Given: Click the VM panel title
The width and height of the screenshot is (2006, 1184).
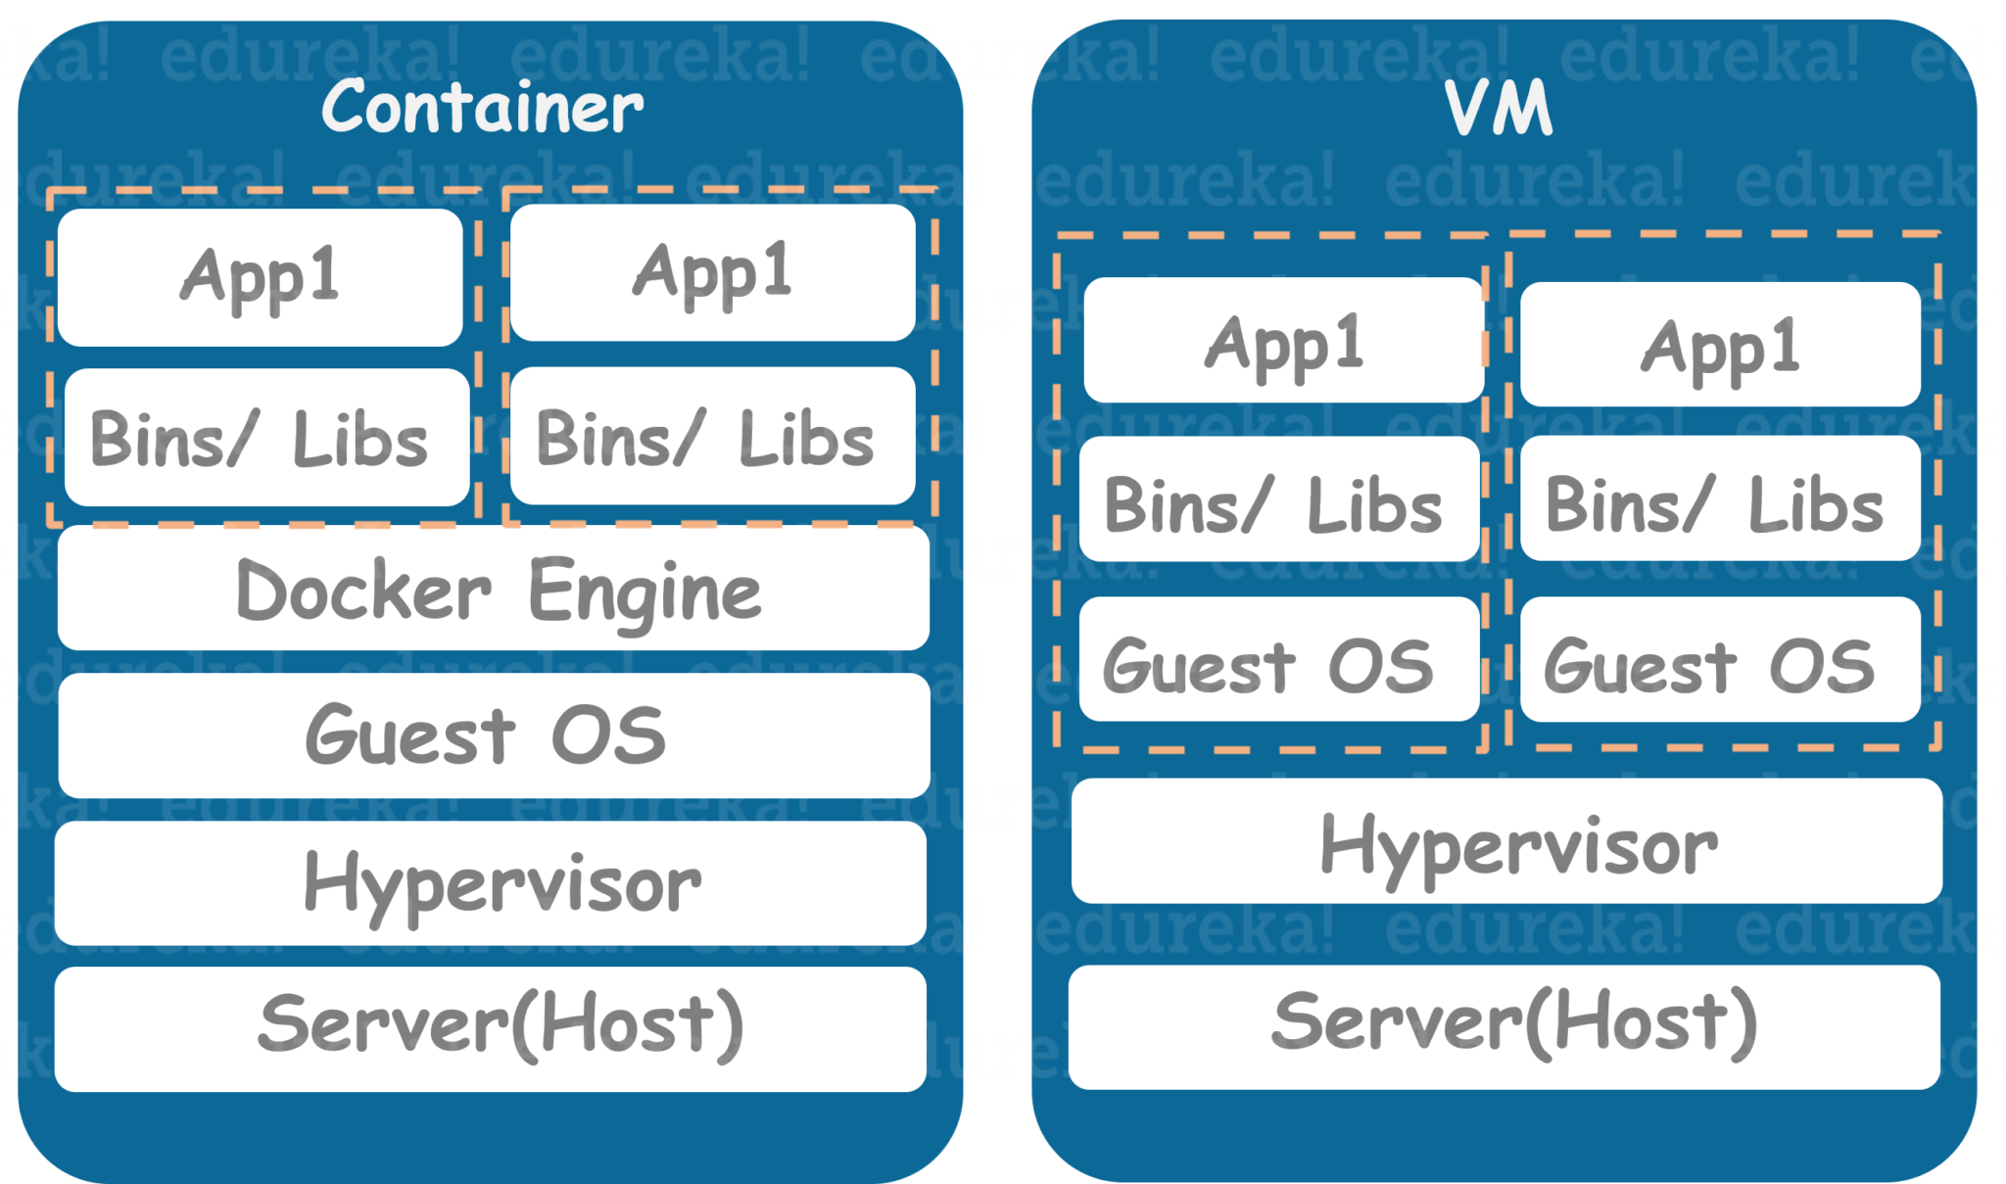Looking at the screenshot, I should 1500,108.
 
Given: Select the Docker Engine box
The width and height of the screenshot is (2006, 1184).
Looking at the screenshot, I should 494,589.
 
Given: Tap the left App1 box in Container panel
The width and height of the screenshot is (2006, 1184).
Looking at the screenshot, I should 261,277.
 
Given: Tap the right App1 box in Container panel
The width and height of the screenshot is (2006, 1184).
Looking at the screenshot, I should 712,273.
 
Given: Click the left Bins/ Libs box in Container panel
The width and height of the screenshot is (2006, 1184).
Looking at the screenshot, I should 266,438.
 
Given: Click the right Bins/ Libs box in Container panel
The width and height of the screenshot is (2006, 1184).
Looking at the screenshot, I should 712,437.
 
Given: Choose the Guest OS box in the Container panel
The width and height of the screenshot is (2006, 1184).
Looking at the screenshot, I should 494,735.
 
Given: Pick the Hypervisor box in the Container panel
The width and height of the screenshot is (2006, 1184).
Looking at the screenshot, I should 491,883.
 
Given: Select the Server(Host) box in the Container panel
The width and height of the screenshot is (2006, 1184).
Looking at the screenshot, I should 491,1028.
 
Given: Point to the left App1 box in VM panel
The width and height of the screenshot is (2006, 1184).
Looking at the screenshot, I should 1284,340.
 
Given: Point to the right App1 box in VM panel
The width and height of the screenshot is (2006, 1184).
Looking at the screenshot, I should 1720,345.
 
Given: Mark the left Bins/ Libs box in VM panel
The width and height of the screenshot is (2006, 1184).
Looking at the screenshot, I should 1279,499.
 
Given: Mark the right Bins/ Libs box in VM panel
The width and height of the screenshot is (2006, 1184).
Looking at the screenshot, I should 1720,499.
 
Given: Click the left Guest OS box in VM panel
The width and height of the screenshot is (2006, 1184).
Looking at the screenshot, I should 1279,659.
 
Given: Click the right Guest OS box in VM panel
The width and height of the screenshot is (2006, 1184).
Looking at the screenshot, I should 1720,659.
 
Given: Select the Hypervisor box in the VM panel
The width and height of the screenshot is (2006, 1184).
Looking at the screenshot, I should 1506,841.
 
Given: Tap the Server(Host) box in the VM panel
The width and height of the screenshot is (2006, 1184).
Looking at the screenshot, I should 1504,1027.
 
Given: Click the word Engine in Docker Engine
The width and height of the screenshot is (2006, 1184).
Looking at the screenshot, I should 645,591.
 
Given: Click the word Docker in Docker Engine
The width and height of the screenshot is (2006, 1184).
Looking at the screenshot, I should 363,591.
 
